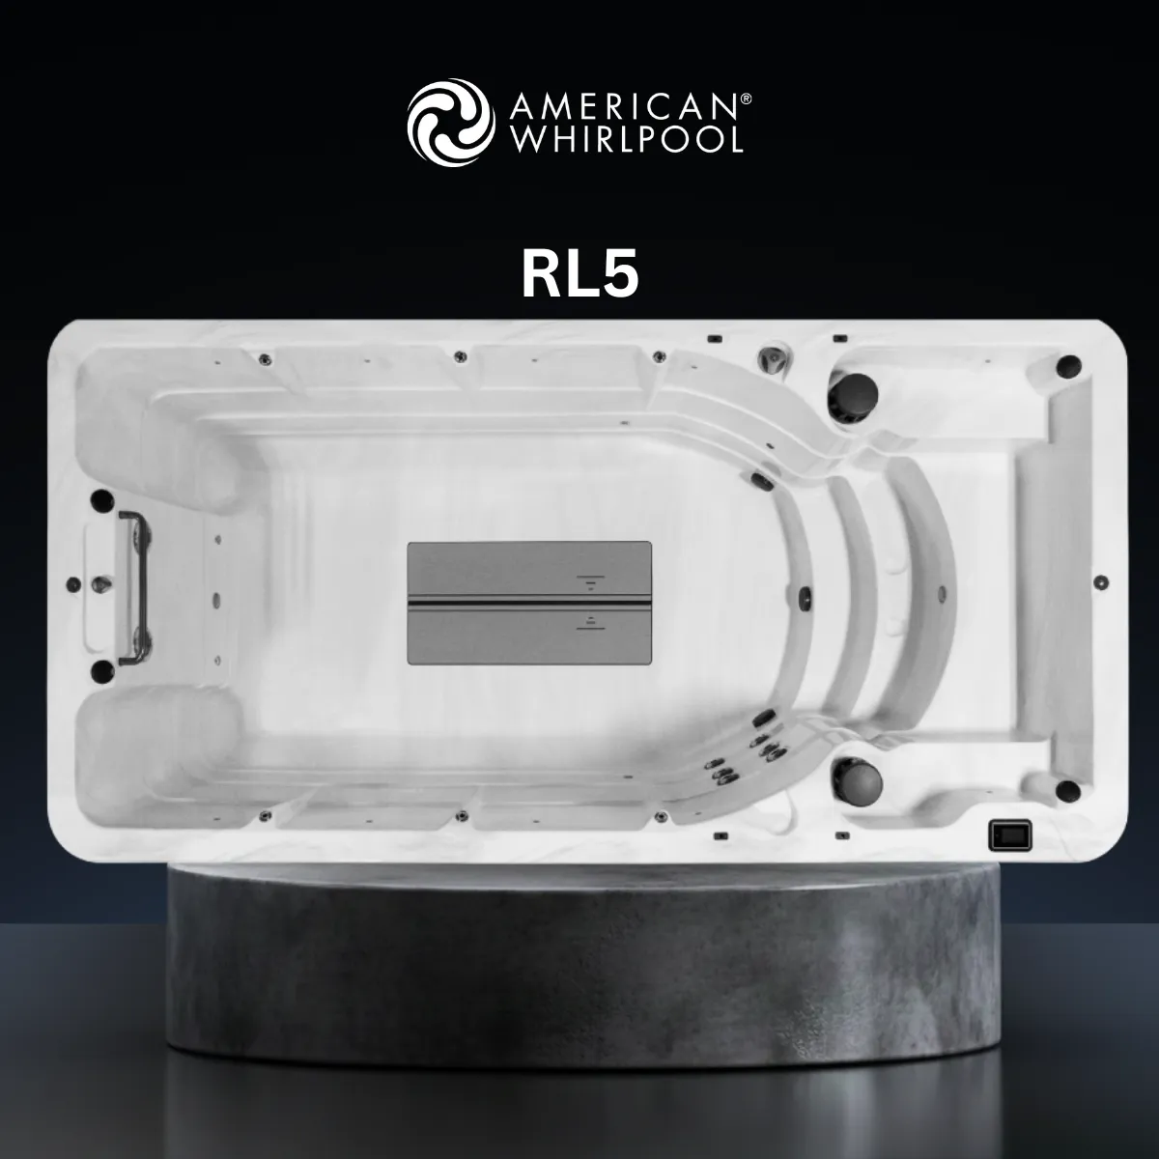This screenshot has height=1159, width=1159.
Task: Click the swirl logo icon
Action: pos(451,122)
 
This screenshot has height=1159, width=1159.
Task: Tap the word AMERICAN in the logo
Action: pos(624,106)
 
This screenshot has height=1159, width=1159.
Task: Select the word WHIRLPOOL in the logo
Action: pos(626,139)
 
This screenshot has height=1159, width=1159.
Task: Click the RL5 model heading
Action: pos(579,273)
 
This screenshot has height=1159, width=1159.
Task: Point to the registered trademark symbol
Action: pos(746,99)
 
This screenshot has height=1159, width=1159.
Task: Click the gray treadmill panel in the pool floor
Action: pos(529,603)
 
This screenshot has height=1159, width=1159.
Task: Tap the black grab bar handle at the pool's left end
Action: pos(133,587)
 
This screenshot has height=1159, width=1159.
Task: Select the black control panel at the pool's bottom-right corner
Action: pos(1010,835)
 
